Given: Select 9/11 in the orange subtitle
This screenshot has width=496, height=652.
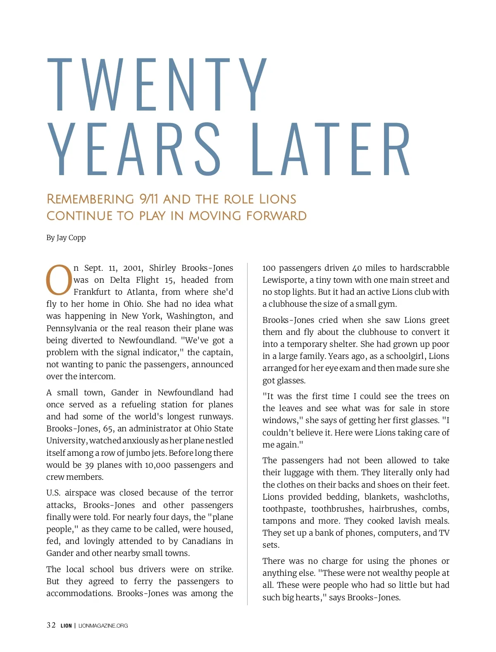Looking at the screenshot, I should [x=149, y=199].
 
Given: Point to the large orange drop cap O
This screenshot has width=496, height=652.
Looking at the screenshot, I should [x=59, y=280].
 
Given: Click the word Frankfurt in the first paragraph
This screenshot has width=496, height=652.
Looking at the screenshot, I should [x=92, y=292].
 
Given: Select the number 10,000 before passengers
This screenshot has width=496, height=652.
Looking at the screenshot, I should [x=157, y=465].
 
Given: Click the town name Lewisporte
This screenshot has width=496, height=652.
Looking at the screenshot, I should [x=284, y=280].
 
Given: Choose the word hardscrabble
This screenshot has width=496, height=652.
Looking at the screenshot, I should [x=424, y=268].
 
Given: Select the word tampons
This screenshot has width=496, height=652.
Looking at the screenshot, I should [x=279, y=521].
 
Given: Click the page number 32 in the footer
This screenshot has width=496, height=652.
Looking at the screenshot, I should [x=51, y=625].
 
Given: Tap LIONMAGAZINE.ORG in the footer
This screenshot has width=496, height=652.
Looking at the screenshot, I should [x=103, y=626].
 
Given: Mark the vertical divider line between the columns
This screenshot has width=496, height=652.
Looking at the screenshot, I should [x=248, y=435].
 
